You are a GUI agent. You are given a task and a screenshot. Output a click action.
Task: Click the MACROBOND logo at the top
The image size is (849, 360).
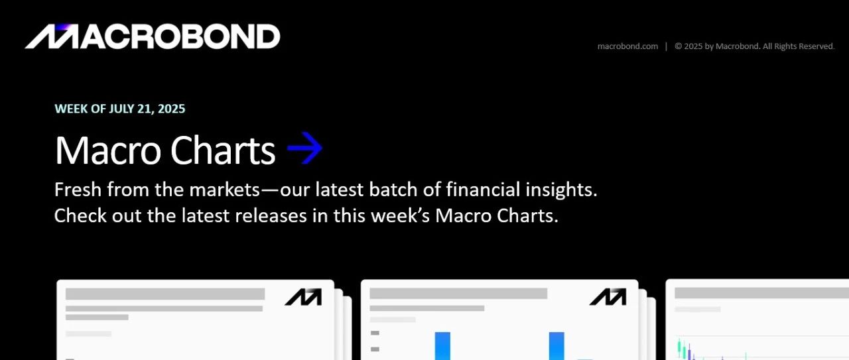(153, 36)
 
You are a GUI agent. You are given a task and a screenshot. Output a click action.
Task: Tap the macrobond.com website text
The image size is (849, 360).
(627, 46)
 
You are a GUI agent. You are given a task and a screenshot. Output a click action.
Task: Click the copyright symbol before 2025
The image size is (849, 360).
(679, 46)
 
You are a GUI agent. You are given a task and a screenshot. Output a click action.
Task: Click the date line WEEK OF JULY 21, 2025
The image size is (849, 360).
(120, 109)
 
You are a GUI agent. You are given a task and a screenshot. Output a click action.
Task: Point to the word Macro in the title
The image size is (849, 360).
(108, 150)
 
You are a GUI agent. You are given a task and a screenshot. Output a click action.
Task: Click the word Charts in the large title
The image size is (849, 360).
(223, 150)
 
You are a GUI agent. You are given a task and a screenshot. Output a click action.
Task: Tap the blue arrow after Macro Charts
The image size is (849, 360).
(304, 148)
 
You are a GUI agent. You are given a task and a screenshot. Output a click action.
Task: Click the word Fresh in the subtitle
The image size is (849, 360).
(78, 189)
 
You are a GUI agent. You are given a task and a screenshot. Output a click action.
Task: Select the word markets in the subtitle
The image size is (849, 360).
(224, 189)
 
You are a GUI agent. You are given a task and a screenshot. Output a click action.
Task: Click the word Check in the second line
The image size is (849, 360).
(80, 215)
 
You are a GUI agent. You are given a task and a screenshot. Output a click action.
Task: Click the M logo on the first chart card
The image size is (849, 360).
(303, 297)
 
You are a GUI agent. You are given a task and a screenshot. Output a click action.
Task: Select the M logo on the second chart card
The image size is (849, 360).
(608, 297)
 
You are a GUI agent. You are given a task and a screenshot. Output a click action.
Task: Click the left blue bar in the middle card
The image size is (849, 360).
(442, 346)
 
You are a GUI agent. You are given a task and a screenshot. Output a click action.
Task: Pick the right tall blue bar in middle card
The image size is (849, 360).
(556, 346)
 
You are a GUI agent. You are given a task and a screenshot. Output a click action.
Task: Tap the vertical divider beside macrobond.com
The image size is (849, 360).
(667, 46)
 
